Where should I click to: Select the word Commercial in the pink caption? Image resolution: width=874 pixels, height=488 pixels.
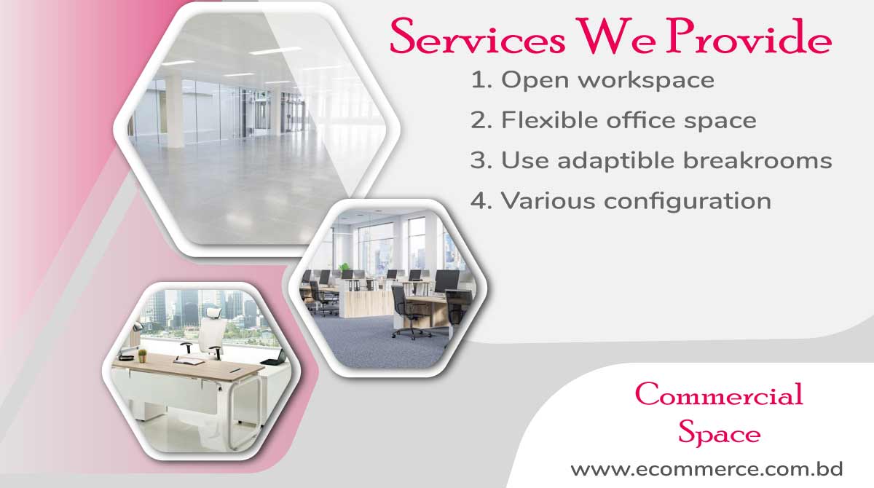[719, 395]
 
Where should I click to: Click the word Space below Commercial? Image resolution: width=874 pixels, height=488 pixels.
[719, 434]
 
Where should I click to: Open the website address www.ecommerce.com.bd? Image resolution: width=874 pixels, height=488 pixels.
[706, 469]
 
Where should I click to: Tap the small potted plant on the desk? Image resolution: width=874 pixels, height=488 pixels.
[143, 355]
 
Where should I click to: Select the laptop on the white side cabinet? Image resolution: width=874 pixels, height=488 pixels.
[273, 357]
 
